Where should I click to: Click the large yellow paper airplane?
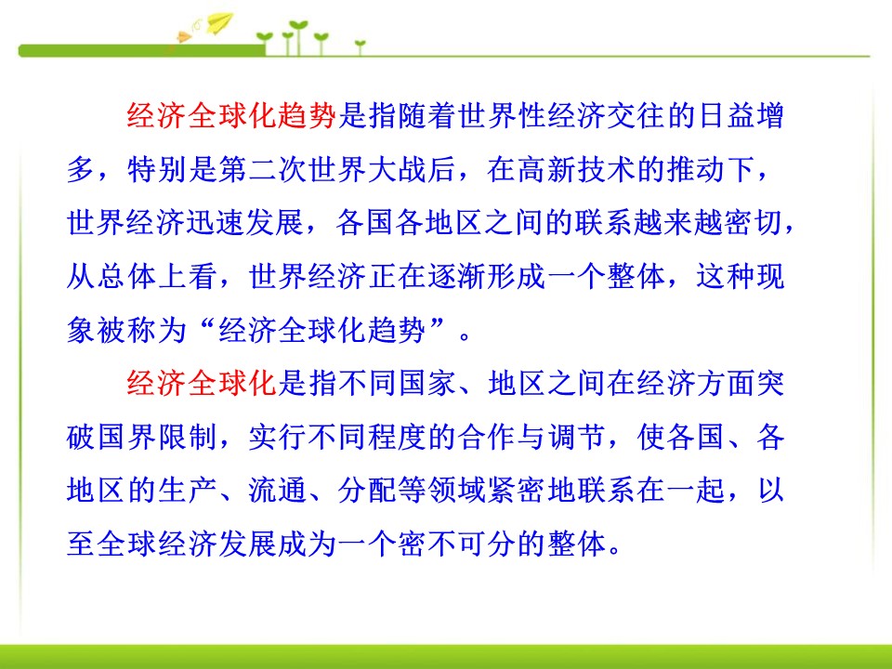tap(219, 22)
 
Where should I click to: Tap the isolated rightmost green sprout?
tap(360, 43)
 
